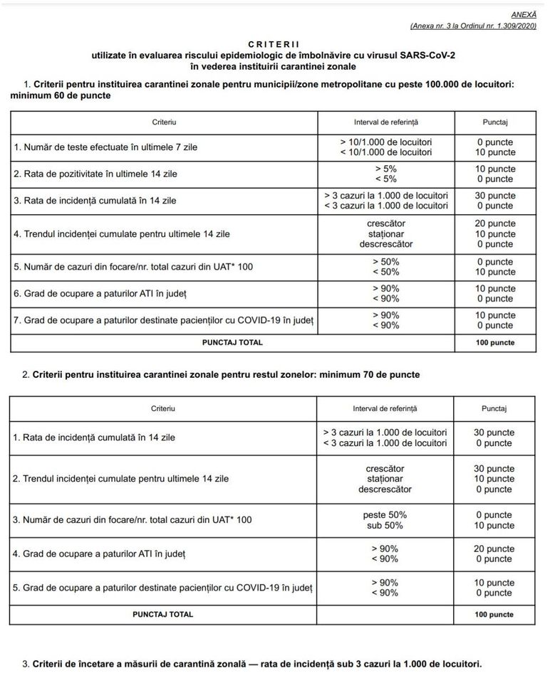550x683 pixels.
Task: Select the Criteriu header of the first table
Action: (164, 122)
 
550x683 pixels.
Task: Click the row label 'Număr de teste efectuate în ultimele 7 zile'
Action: (105, 147)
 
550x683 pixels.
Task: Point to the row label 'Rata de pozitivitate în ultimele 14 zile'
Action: (95, 174)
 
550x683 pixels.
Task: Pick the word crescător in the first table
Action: (385, 223)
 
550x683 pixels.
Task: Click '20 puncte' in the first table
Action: (495, 223)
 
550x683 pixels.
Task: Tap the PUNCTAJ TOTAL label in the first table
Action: (232, 342)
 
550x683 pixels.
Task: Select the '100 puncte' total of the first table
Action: (495, 342)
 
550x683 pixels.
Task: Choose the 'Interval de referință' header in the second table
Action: (385, 408)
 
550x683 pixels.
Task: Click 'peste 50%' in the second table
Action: (385, 515)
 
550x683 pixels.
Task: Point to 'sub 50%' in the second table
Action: (385, 526)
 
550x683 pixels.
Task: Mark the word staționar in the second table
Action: (385, 479)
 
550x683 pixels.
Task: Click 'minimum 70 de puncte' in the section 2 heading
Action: (370, 374)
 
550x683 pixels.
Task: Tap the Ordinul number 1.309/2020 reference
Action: (510, 26)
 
